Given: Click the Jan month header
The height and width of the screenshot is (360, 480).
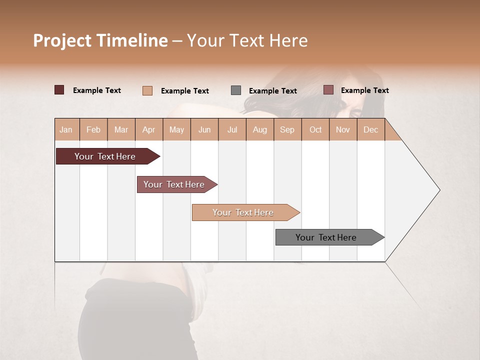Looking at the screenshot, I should (66, 129).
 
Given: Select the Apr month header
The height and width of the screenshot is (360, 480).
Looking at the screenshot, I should (148, 129).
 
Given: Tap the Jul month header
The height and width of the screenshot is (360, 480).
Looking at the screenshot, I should (232, 129).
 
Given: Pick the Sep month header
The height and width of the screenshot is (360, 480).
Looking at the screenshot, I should (287, 129).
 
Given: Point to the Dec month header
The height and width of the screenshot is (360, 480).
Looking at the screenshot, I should (370, 129).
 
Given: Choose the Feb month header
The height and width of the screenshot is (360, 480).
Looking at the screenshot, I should (93, 129).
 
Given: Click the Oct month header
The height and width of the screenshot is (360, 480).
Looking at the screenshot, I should (315, 129).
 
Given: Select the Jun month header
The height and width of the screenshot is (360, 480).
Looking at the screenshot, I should (204, 129).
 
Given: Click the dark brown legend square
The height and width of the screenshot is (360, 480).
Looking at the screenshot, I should (59, 90).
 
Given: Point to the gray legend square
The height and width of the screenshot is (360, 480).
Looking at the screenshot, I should (236, 90).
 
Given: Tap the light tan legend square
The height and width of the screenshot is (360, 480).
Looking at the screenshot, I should (147, 90).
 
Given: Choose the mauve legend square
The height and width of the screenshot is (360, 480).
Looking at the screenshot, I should (328, 90).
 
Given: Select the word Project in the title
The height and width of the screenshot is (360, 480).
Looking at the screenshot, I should (62, 40).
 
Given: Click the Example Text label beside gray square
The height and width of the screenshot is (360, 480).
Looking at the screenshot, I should (272, 90).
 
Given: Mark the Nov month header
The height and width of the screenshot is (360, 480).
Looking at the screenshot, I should (342, 129).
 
